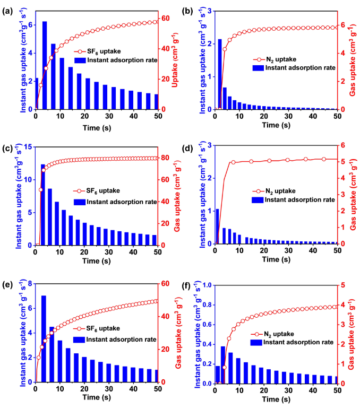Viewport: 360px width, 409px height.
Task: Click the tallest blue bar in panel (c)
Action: (43, 205)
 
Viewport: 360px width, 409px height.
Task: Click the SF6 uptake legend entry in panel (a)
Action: (104, 52)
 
